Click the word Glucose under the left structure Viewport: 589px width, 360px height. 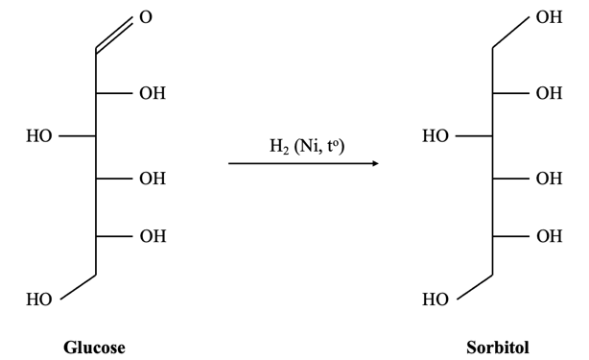[94, 346]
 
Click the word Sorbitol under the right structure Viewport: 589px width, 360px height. [497, 346]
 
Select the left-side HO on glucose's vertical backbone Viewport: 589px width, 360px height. [39, 136]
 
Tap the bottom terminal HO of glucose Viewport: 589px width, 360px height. [39, 300]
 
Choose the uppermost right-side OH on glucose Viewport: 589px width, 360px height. [152, 94]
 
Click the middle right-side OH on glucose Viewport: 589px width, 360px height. [152, 179]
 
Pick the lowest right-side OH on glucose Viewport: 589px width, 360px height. [152, 235]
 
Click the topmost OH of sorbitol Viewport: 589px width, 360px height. [550, 18]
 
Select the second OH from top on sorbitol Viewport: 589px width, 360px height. [550, 94]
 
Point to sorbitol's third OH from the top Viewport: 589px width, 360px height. [550, 179]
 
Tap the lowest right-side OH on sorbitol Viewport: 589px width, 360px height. [550, 235]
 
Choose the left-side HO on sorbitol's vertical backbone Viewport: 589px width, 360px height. [436, 136]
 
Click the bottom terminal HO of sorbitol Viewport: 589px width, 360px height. [436, 300]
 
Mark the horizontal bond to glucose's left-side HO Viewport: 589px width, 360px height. [77, 136]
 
